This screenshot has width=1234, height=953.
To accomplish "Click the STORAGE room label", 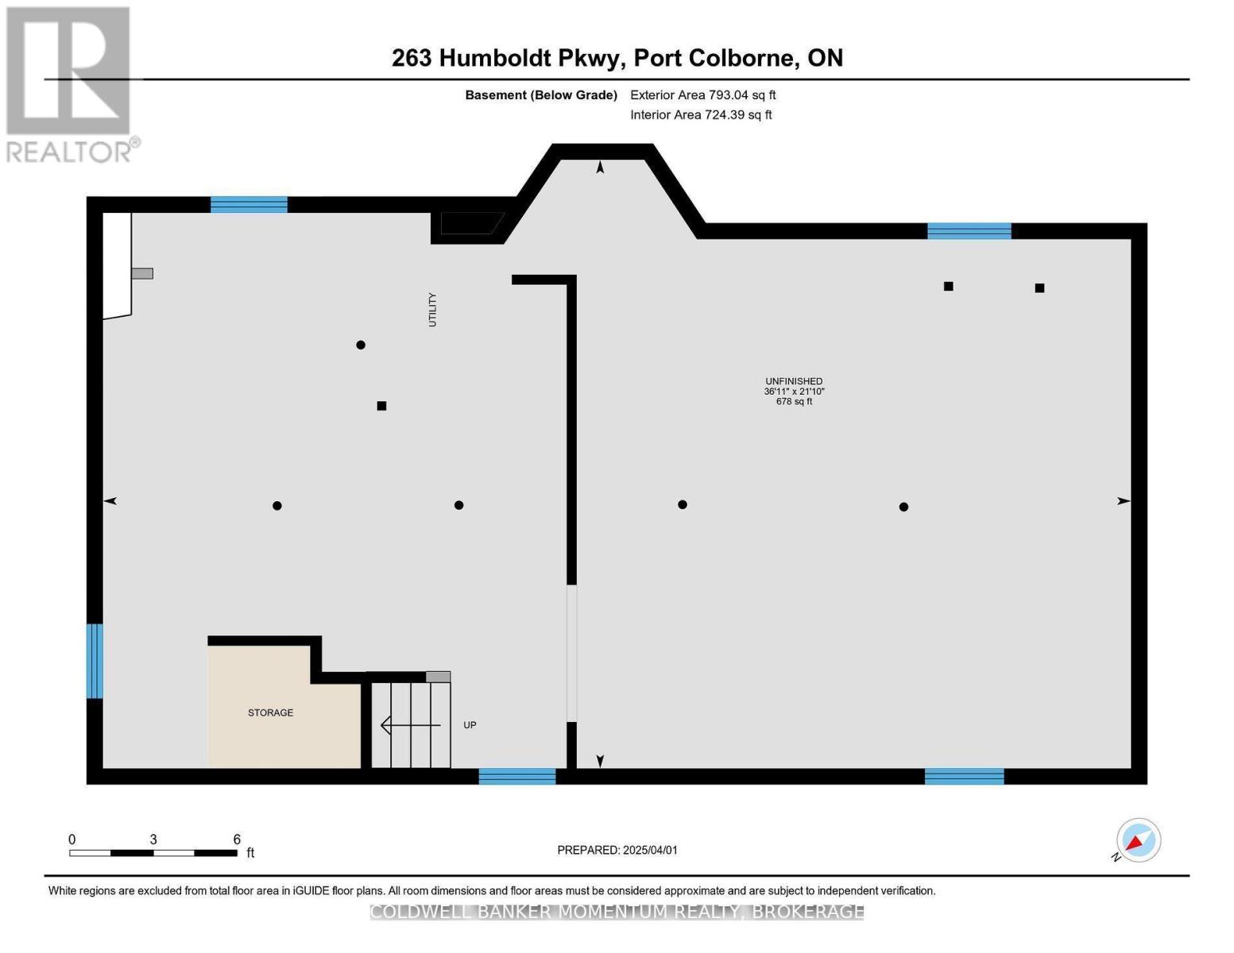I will click(x=270, y=712).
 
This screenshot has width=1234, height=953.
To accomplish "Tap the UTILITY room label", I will click(x=433, y=310).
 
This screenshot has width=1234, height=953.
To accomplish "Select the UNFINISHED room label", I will click(x=794, y=381).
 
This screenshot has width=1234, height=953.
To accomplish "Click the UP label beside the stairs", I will click(x=470, y=725).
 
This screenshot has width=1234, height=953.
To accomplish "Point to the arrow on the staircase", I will click(x=410, y=725).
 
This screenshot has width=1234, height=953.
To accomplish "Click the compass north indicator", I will click(x=1138, y=840).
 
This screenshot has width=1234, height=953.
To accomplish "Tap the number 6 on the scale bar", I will click(x=237, y=839).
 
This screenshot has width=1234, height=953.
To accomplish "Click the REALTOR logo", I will click(x=70, y=84).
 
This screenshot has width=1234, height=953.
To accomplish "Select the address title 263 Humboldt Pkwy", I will click(x=617, y=58).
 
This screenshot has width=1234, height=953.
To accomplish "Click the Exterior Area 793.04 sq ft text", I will click(x=702, y=95).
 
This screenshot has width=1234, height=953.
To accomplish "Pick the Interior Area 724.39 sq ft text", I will click(x=701, y=115).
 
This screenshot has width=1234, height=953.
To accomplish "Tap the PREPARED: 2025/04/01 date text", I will click(x=617, y=850).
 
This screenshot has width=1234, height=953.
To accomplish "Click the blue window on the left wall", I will click(x=95, y=661).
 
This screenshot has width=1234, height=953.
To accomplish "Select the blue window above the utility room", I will click(x=249, y=204).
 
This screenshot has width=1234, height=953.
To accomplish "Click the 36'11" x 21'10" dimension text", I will click(x=794, y=392).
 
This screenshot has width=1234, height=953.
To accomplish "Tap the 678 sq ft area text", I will click(x=794, y=402).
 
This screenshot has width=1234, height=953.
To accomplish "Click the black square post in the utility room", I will click(x=381, y=406).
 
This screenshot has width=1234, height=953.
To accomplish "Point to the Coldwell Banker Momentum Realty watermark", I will click(x=617, y=912).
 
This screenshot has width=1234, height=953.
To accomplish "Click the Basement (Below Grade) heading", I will click(x=541, y=95).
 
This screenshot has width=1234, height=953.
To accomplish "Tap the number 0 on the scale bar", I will click(x=72, y=839).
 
